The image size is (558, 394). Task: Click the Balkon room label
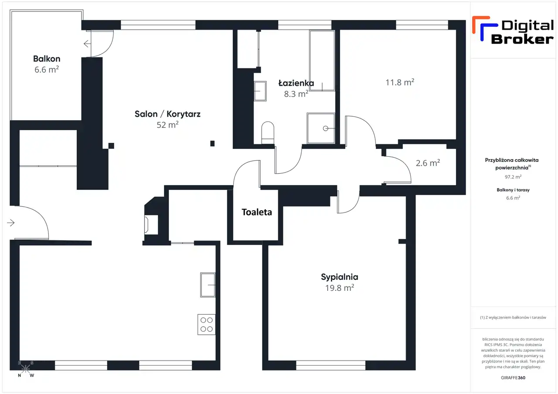[x=47, y=59]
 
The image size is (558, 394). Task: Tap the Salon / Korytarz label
[x=167, y=114]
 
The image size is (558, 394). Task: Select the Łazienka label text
[x=296, y=83]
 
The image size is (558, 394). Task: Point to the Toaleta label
[x=257, y=212]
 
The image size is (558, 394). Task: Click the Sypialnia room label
[x=339, y=277]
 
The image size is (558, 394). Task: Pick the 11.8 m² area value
[x=400, y=82]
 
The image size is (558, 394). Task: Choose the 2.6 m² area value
[x=428, y=163]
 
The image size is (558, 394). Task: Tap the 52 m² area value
[x=167, y=125]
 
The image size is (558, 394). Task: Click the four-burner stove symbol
[x=207, y=324]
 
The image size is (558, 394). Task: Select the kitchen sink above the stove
[x=208, y=285]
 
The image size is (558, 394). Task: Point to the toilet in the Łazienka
[x=268, y=133]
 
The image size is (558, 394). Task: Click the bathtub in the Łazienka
[x=322, y=61]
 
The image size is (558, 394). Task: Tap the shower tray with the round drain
[x=321, y=128]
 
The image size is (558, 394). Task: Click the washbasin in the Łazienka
[x=260, y=91]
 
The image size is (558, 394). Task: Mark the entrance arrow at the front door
[x=11, y=222]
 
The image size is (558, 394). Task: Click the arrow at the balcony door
[x=87, y=44]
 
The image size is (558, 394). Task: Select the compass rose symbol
[x=26, y=369]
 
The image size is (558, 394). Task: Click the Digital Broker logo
[x=513, y=30]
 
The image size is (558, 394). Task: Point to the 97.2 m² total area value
[x=513, y=177]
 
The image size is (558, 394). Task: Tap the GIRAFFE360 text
[x=513, y=377]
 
